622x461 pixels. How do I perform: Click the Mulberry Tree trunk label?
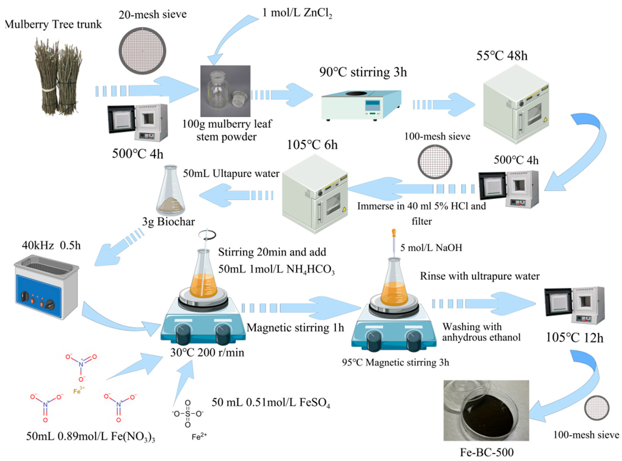[54, 24]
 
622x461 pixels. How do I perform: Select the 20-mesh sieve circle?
[143, 51]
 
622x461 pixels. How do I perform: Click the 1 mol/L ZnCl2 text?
[297, 13]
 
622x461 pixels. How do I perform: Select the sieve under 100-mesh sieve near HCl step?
[435, 162]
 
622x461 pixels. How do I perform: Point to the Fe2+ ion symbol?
[199, 437]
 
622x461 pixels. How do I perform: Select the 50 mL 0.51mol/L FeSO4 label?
[271, 403]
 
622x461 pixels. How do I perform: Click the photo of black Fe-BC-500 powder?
[486, 410]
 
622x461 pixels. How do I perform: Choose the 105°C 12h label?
[574, 338]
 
